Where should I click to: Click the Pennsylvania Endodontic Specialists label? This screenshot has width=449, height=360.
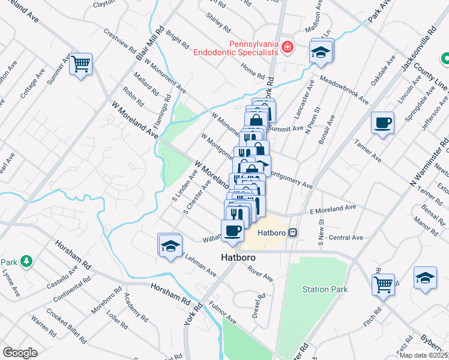click(x=235, y=48)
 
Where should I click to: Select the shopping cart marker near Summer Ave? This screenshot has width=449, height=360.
click(x=81, y=63)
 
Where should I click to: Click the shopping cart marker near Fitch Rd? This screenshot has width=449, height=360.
click(x=383, y=284)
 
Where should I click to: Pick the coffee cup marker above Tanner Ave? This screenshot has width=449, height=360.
click(x=383, y=124)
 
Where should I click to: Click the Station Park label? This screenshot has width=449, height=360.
click(x=325, y=289)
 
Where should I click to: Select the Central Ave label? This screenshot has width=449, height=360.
click(x=346, y=238)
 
